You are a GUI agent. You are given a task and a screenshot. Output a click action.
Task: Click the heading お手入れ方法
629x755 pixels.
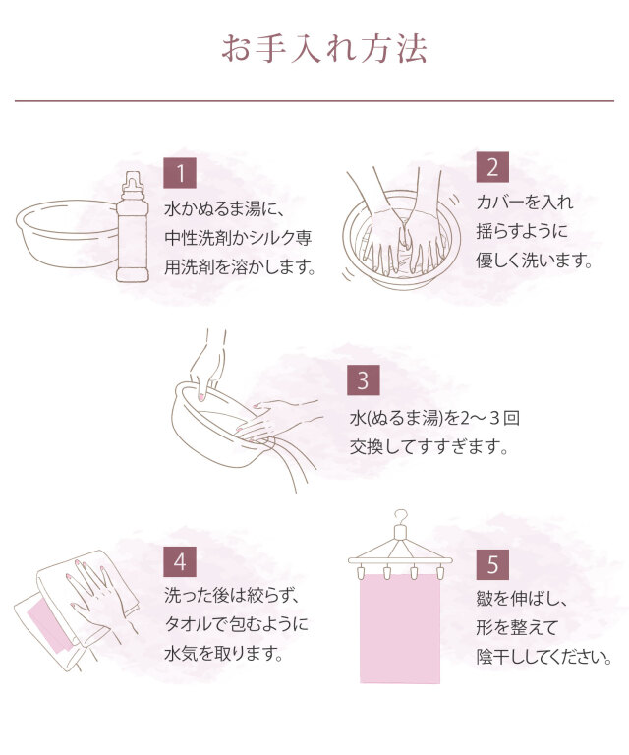point(324,49)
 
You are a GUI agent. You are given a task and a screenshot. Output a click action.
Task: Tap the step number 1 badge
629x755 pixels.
point(180,173)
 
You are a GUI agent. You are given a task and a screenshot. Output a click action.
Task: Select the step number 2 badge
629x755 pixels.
point(492,167)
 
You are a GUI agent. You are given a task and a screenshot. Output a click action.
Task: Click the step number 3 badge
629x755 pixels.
point(364,379)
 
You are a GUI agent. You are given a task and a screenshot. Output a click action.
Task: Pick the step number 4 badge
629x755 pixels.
point(180,561)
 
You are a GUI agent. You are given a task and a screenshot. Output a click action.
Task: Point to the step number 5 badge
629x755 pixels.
point(492,564)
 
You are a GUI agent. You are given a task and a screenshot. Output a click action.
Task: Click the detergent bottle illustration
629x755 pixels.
point(132,226)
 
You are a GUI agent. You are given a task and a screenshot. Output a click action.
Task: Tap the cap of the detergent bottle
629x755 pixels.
point(133,182)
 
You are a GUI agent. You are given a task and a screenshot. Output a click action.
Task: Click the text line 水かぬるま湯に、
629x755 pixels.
point(225,209)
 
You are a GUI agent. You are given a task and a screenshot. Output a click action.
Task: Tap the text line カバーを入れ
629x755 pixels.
point(525,203)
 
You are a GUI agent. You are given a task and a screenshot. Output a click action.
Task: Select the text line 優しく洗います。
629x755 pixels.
point(535,261)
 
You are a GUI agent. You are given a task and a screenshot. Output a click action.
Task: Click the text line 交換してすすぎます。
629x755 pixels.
point(429,447)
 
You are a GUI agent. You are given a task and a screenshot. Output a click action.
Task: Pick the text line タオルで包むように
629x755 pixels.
point(236,624)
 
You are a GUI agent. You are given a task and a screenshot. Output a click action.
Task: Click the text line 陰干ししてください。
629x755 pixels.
point(544,657)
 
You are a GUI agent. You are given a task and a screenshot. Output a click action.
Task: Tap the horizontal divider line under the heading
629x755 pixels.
point(314,101)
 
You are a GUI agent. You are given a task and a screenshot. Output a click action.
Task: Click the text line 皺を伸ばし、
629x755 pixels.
point(523,599)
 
